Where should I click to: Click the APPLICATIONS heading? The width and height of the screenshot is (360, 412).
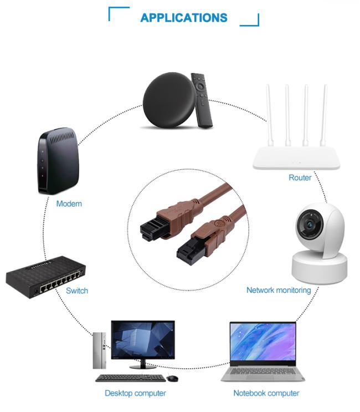point(184,18)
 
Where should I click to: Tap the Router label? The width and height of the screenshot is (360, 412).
point(300,177)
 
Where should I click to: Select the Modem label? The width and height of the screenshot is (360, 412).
point(69,204)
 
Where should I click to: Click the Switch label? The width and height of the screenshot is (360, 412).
point(77,291)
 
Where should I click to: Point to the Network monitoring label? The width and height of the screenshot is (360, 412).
point(279,290)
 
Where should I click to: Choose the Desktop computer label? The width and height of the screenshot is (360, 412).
point(135,393)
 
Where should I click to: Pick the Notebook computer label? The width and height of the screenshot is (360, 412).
point(266,393)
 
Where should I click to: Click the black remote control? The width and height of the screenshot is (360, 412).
point(201,100)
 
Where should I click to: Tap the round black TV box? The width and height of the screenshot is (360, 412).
point(169,100)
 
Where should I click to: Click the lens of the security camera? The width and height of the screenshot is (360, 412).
point(310,224)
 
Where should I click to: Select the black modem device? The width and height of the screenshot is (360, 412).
point(58,161)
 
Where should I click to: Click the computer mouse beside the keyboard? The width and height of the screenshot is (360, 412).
point(172,378)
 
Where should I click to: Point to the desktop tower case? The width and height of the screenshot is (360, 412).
point(100,350)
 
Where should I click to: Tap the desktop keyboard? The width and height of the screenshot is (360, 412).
point(130,378)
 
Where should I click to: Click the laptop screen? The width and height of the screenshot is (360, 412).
point(263,342)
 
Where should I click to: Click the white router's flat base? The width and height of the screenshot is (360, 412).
point(296,158)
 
